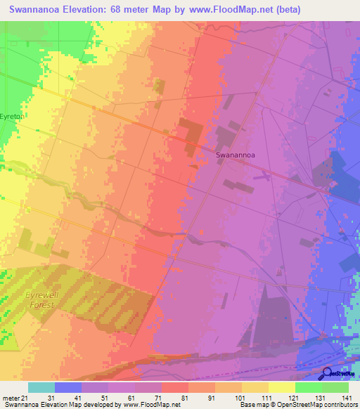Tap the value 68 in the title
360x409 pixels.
(141, 10)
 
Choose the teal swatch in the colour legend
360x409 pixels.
(41, 387)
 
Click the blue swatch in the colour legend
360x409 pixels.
(68, 387)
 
